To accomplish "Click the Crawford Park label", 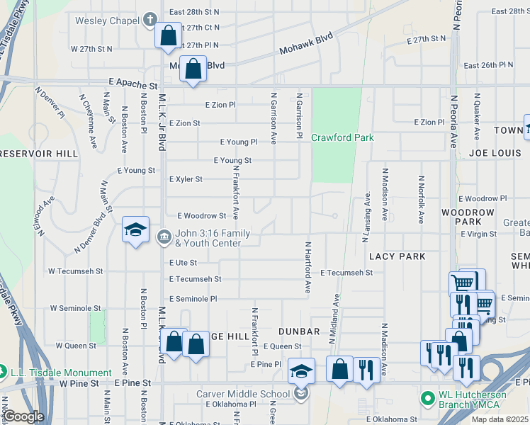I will [x=342, y=137].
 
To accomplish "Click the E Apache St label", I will [x=132, y=83].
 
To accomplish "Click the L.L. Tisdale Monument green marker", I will [x=4, y=372].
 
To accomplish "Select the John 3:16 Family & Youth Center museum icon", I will [x=164, y=236].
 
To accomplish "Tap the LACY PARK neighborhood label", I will [x=397, y=256].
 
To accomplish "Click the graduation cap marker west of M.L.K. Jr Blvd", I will [x=135, y=230].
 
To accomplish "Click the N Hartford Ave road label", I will [x=308, y=267].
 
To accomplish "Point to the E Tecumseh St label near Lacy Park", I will [x=346, y=273].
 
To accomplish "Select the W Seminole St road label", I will [x=76, y=308].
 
